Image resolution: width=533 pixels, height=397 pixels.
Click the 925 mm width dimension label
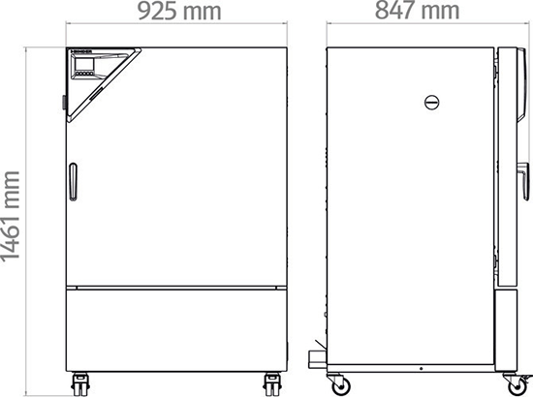click(179, 11)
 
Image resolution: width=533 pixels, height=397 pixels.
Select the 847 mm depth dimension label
click(417, 11)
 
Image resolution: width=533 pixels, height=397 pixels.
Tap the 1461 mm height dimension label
click(11, 216)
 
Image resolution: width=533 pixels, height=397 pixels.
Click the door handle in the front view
click(73, 182)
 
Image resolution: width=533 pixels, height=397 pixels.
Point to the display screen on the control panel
click(82, 64)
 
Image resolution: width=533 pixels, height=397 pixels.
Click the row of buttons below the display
click(83, 74)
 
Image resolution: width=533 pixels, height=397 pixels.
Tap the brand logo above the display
click(80, 52)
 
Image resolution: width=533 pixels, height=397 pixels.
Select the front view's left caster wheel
click(80, 383)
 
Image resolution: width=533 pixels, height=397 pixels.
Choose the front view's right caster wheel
click(272, 383)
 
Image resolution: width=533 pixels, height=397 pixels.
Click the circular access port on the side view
click(431, 103)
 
